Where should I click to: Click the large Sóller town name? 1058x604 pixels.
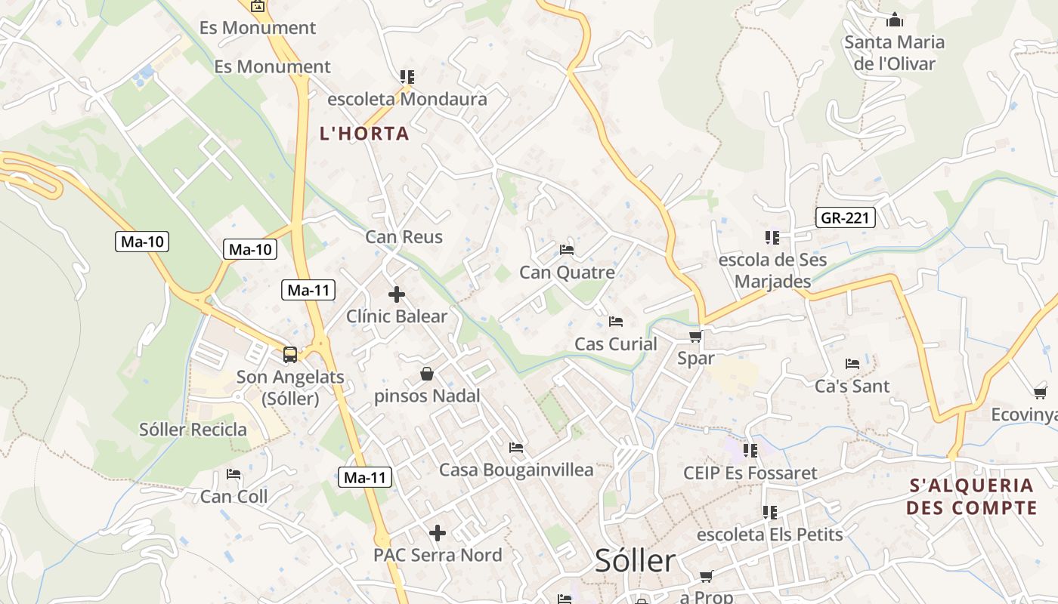pyautogui.click(x=635, y=561)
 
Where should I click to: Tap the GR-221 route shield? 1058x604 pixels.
pyautogui.click(x=846, y=219)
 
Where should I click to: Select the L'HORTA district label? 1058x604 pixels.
pyautogui.click(x=364, y=134)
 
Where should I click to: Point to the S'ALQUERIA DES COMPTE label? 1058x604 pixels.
pyautogui.click(x=972, y=496)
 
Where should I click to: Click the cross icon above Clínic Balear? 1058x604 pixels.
pyautogui.click(x=397, y=294)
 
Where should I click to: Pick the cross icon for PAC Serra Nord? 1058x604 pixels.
pyautogui.click(x=438, y=533)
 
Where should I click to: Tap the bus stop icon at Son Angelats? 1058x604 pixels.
pyautogui.click(x=290, y=354)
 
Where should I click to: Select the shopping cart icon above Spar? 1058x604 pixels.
pyautogui.click(x=696, y=336)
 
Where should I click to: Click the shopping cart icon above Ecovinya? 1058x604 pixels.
pyautogui.click(x=1041, y=393)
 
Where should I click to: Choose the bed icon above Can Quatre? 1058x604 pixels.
pyautogui.click(x=567, y=250)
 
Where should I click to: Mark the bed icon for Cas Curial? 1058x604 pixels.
pyautogui.click(x=616, y=322)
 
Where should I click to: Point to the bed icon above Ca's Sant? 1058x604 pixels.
pyautogui.click(x=852, y=364)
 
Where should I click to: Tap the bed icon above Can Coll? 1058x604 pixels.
pyautogui.click(x=234, y=475)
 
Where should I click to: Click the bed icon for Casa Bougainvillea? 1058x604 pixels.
pyautogui.click(x=516, y=448)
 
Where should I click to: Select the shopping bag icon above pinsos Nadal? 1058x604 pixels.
pyautogui.click(x=427, y=374)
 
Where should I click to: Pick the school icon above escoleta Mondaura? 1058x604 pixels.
pyautogui.click(x=407, y=77)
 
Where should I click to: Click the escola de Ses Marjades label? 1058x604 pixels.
pyautogui.click(x=772, y=270)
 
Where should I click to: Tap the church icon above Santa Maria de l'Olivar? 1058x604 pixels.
pyautogui.click(x=895, y=20)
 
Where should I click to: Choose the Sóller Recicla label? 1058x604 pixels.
pyautogui.click(x=193, y=430)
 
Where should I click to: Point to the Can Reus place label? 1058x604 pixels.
pyautogui.click(x=404, y=237)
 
